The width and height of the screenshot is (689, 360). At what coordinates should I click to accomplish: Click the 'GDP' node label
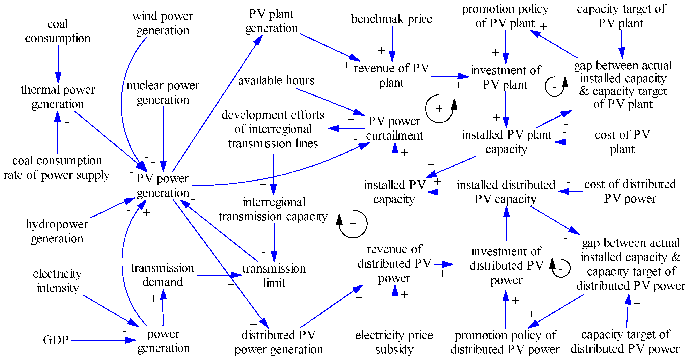coord(56,340)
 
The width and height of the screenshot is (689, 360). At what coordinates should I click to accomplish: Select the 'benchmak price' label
coord(391,19)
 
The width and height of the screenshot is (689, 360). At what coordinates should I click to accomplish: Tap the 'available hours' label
coord(276,80)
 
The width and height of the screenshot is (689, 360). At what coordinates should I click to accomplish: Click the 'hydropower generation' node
coord(57,231)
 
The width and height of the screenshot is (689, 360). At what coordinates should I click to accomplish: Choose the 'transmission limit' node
coord(274,275)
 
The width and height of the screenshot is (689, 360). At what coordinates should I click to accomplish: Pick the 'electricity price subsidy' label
coord(394,342)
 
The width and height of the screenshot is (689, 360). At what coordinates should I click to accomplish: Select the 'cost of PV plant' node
coord(622,142)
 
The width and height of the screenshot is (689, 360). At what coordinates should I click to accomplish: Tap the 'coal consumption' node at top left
coord(58,31)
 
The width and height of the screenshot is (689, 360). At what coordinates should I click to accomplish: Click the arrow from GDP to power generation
coord(102,340)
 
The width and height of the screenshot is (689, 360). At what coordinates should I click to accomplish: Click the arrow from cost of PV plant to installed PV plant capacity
coord(575,142)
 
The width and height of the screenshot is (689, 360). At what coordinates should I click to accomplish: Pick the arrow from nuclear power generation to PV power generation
coord(163,136)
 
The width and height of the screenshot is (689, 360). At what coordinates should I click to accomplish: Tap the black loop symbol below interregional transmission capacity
coord(353,224)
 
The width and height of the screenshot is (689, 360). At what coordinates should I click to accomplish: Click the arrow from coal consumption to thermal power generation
coord(58,63)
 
